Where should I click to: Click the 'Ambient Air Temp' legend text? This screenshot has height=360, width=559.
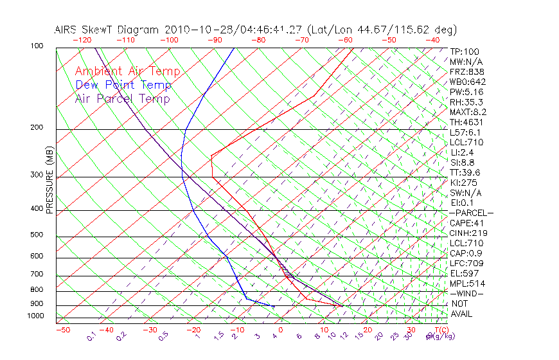127,71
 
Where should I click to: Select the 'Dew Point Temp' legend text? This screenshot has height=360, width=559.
123,85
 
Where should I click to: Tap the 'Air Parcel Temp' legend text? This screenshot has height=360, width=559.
122,98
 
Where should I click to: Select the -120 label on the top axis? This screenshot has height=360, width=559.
82,40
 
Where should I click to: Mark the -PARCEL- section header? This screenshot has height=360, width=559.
471,213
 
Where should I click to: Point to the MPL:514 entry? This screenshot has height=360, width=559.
466,283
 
